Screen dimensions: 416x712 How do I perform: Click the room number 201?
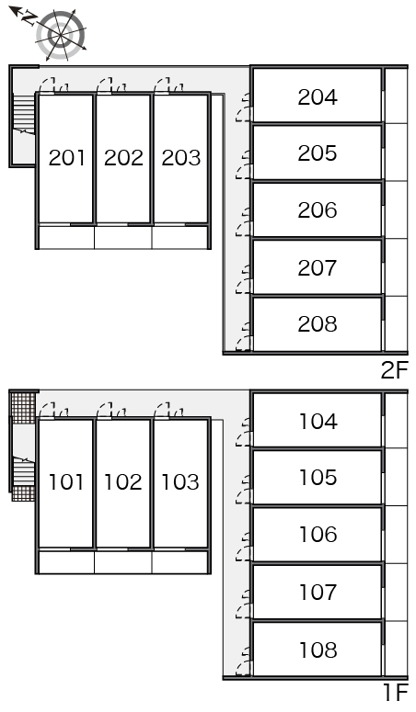pos(66,158)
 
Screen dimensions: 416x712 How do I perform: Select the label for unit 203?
pos(180,158)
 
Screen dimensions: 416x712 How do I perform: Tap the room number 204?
pos(318,96)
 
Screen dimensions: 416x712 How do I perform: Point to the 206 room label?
pos(318,209)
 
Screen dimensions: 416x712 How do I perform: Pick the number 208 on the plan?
pos(318,323)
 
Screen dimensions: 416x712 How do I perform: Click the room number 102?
pos(123,481)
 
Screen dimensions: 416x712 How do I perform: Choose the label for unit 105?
pos(318,477)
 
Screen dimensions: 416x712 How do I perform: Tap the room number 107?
pos(318,593)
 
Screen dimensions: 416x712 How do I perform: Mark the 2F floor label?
pos(394,371)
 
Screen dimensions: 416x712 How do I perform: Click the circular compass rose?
pos(61,35)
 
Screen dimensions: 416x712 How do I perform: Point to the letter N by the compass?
pos(30,18)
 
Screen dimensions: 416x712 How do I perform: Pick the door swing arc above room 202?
pos(105,85)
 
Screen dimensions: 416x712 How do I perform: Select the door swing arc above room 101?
pos(47,411)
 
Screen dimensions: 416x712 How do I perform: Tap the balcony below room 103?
pos(180,562)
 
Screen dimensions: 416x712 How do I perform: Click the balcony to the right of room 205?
pos(396,153)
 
